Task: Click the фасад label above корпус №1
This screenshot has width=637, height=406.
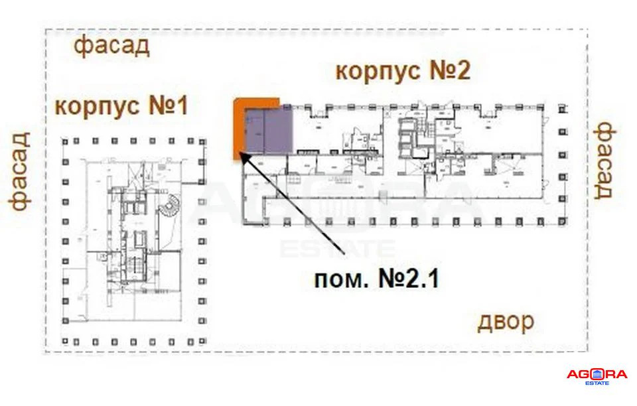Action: click(111, 48)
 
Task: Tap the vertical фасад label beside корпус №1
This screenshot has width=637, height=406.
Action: click(20, 171)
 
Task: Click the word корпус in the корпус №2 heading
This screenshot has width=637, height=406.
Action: click(378, 70)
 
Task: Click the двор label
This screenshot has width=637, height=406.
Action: click(506, 323)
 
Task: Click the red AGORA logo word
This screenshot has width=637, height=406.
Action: click(597, 375)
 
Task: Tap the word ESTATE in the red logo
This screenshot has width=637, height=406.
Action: click(597, 383)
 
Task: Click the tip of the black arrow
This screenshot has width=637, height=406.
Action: click(240, 155)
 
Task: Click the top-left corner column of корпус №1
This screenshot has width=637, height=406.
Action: click(66, 141)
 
